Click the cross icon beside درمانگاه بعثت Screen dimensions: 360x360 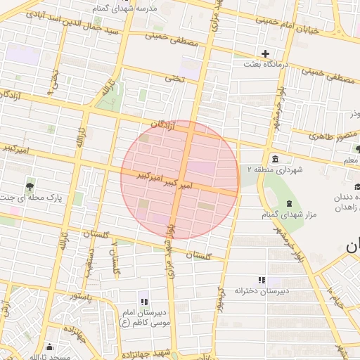click(265, 53)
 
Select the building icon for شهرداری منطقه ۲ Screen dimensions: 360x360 click(272, 158)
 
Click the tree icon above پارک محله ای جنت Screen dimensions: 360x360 click(29, 187)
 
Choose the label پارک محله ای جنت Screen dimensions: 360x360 click(32, 198)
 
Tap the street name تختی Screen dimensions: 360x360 click(174, 79)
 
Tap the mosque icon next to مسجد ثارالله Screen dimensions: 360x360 click(49, 347)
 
